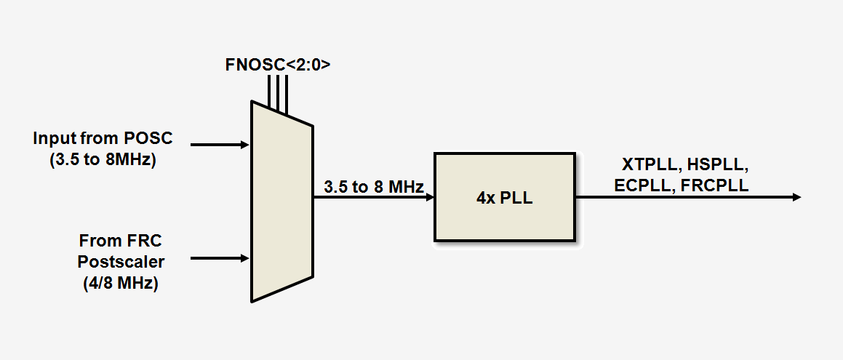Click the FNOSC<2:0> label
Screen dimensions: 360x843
click(279, 65)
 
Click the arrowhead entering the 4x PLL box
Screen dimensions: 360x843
click(430, 197)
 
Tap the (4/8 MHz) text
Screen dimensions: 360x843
click(121, 283)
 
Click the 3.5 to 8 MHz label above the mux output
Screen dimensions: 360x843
click(373, 188)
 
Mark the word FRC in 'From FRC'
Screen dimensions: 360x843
click(136, 240)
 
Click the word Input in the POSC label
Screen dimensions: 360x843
click(52, 138)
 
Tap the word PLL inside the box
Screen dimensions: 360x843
click(518, 197)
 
